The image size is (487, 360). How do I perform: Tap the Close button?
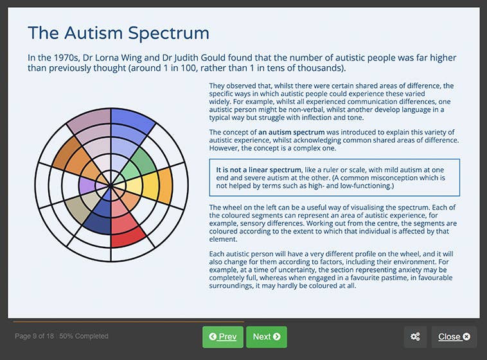coord(454,336)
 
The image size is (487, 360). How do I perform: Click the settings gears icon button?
coord(415,336)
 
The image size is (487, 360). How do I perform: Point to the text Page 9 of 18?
coord(35,336)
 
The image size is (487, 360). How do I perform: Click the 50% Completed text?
coord(85,336)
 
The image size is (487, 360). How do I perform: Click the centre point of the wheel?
coord(111,186)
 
